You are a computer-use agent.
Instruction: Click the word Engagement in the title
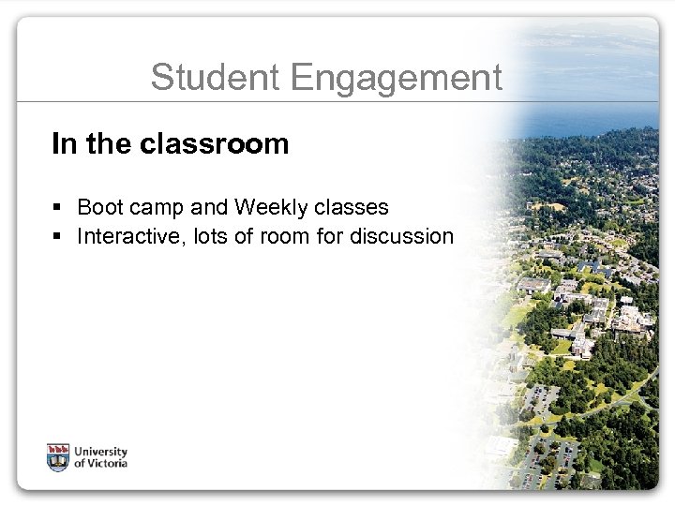click(398, 79)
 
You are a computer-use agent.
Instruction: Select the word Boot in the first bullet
click(97, 206)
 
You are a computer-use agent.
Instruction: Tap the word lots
click(208, 236)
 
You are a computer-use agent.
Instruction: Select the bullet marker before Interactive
click(58, 236)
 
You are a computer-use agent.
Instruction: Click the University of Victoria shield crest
click(58, 456)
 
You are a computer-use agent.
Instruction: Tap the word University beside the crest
click(101, 451)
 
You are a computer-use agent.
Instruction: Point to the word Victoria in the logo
click(107, 463)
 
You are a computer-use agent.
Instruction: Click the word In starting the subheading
click(63, 144)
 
